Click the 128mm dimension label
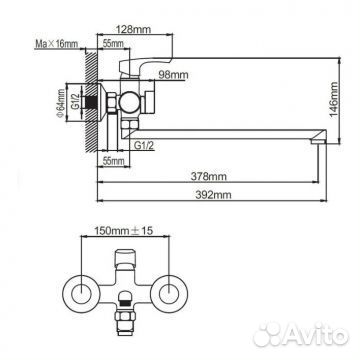[x=133, y=29]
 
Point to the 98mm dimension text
[x=173, y=75]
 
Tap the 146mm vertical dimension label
[x=334, y=99]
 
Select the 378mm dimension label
[x=208, y=176]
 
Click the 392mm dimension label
[x=213, y=195]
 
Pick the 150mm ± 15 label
[x=124, y=230]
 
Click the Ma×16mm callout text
[x=56, y=44]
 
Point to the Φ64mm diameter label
[x=60, y=103]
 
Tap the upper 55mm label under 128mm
[x=113, y=44]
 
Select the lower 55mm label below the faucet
[x=113, y=161]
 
